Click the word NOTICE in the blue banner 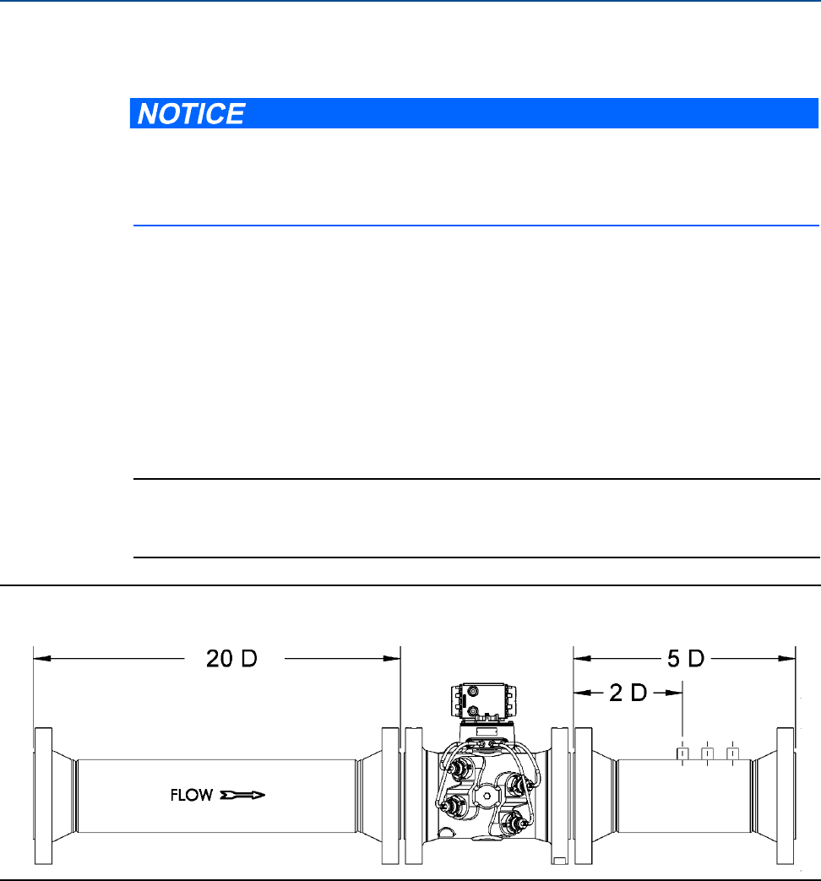(x=191, y=113)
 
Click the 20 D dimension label (x=231, y=659)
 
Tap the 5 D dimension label (x=686, y=659)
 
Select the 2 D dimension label (x=628, y=693)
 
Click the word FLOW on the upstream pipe (x=192, y=795)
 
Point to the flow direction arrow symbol (x=242, y=795)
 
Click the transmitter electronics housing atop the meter (x=482, y=701)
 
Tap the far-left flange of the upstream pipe (x=43, y=796)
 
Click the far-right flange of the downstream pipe (x=786, y=796)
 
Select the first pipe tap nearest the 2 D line (x=682, y=753)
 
